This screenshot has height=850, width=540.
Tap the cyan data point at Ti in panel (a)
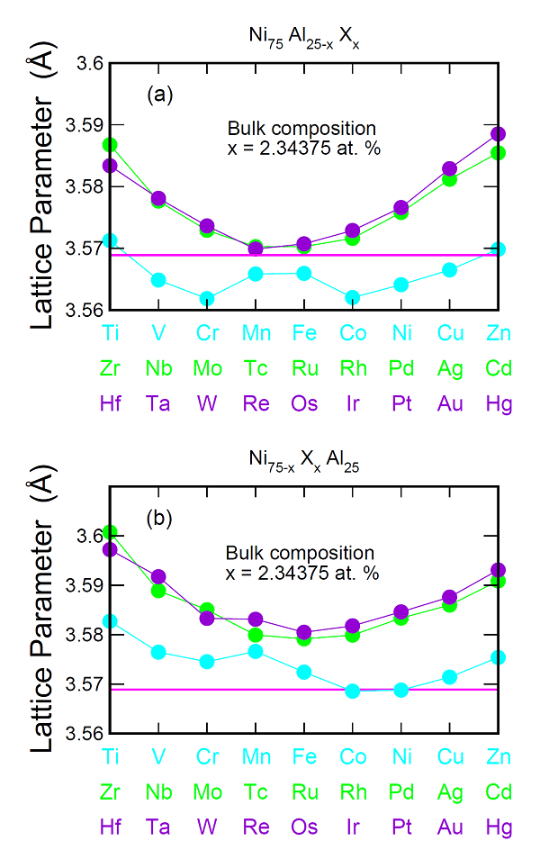(x=110, y=241)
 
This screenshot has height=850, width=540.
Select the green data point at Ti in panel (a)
(x=110, y=144)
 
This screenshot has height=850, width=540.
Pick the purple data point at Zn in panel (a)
(x=498, y=134)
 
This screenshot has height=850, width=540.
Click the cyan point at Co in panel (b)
(x=353, y=692)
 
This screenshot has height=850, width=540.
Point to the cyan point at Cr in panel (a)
(x=207, y=299)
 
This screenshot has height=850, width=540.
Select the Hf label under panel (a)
(x=110, y=403)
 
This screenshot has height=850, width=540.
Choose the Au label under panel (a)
(x=450, y=403)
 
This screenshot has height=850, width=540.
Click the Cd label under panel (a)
(x=498, y=368)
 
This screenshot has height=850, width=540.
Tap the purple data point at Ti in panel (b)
(x=110, y=549)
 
